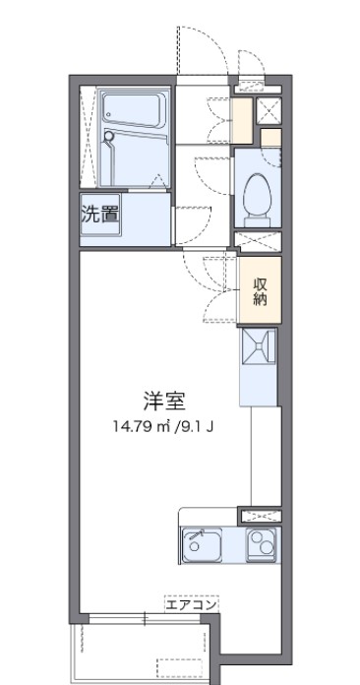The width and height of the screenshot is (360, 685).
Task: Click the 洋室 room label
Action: point(164,401)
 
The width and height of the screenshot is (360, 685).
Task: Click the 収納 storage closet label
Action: point(261,291)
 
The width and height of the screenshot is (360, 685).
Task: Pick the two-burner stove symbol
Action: point(262,543)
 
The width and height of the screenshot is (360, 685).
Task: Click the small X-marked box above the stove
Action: point(261,515)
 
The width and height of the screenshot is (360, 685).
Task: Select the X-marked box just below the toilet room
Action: point(258,238)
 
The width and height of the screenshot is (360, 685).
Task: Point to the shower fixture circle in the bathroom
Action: point(111,139)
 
